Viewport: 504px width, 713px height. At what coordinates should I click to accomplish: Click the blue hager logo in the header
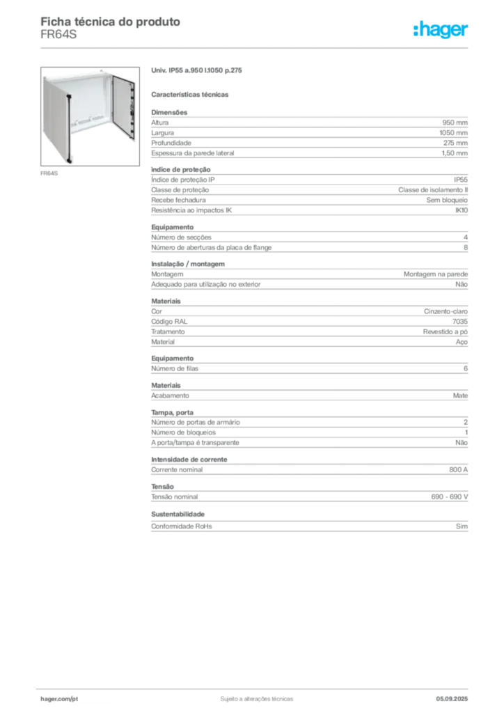442,30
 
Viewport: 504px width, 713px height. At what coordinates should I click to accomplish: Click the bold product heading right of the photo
197,72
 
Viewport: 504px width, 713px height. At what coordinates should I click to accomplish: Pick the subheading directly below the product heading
192,94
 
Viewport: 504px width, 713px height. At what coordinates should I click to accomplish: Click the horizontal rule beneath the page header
255,47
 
